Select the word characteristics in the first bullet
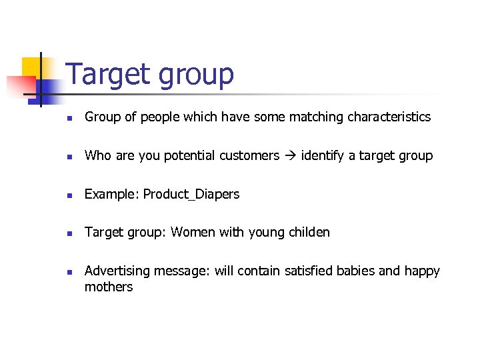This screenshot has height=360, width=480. (x=390, y=117)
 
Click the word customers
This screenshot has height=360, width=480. (x=249, y=156)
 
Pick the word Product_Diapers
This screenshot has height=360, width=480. (x=191, y=194)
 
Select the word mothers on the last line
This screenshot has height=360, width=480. (x=109, y=287)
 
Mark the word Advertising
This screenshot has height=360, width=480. (x=117, y=271)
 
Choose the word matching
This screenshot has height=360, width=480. (x=313, y=117)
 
